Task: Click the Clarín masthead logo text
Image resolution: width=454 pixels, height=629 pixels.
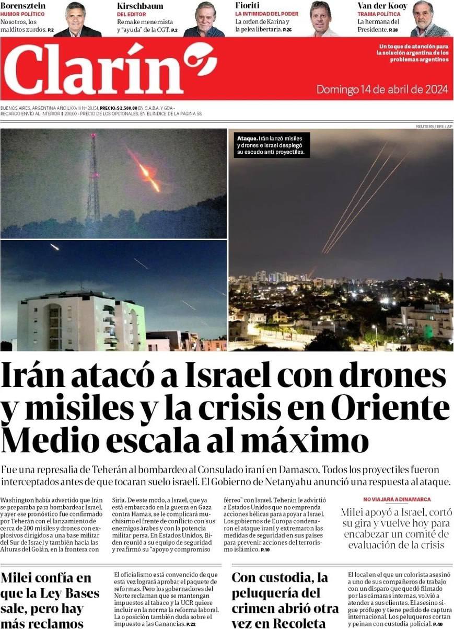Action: click(94, 69)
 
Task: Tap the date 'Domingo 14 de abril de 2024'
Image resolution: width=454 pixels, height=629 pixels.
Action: click(382, 89)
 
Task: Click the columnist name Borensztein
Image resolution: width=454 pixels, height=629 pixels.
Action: click(23, 6)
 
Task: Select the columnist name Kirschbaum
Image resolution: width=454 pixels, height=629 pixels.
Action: click(140, 6)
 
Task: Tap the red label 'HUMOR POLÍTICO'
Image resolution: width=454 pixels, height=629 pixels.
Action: click(22, 14)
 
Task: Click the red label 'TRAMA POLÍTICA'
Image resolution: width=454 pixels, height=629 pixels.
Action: click(379, 14)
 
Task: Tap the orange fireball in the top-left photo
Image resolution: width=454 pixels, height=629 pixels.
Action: click(147, 171)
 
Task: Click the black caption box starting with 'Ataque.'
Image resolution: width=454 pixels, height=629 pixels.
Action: click(271, 145)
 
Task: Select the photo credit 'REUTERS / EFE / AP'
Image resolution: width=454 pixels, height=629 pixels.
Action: click(434, 127)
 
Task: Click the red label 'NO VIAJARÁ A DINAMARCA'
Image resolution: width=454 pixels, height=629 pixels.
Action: click(397, 499)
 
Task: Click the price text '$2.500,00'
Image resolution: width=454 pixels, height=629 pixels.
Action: click(126, 107)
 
